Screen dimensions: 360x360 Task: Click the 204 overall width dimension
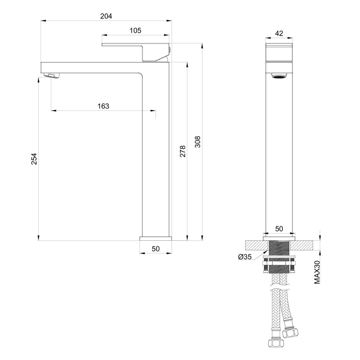(106, 16)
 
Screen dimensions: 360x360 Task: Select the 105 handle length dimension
(135, 30)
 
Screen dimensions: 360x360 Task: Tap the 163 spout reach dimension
(103, 106)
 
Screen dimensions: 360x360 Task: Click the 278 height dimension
(183, 151)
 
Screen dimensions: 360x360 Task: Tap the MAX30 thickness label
(317, 272)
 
